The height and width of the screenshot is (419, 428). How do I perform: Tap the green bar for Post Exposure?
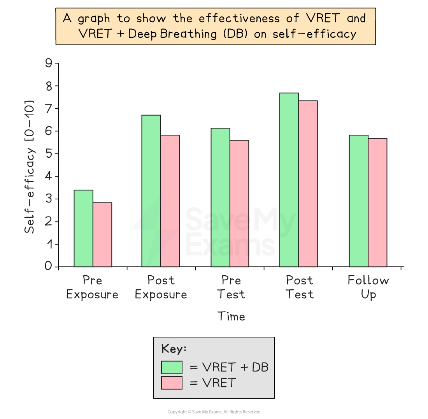coord(151,191)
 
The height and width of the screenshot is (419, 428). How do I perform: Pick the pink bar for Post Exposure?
coord(170,201)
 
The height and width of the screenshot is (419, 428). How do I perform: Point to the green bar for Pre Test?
coord(220,197)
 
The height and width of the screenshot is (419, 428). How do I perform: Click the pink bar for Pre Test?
coord(239,203)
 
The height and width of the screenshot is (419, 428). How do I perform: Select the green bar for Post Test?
coord(289,180)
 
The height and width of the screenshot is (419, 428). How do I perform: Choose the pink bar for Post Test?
coord(308,183)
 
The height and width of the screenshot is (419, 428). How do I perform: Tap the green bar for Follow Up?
coord(358,201)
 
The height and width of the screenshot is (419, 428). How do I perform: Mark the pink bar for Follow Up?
coord(377,202)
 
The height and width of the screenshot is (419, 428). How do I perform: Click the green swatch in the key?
coord(172,367)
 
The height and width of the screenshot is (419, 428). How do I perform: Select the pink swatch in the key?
coord(172,383)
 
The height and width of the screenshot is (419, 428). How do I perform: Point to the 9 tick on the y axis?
coord(49,63)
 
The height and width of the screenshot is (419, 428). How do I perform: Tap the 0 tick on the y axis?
coord(49,266)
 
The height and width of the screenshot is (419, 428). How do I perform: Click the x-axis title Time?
coord(231,316)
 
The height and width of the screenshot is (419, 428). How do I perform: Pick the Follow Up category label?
coord(368,287)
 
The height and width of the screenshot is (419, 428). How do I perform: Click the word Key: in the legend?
coord(174,349)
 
